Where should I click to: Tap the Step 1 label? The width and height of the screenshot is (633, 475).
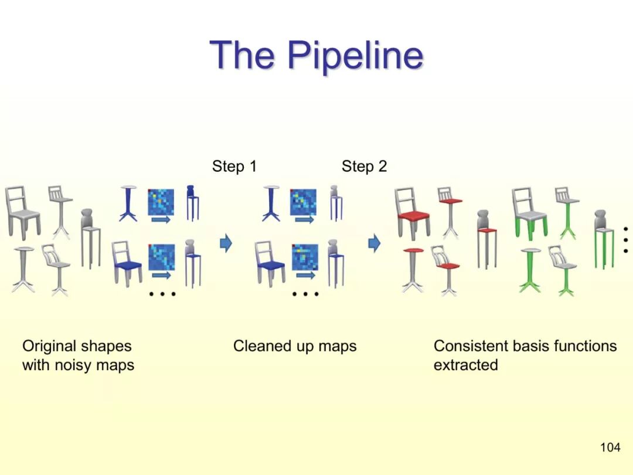pyautogui.click(x=234, y=167)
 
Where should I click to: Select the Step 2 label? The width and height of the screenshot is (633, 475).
pyautogui.click(x=364, y=167)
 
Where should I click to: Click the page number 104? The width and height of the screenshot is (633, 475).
pyautogui.click(x=610, y=447)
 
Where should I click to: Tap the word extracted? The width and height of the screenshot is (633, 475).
pyautogui.click(x=465, y=365)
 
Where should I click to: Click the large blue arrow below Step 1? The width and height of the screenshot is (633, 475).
pyautogui.click(x=226, y=242)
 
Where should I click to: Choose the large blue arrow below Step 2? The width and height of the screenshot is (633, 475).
pyautogui.click(x=374, y=242)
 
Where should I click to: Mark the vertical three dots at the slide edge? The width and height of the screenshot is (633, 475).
pyautogui.click(x=626, y=239)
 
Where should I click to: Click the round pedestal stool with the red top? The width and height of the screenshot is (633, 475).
pyautogui.click(x=413, y=270)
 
